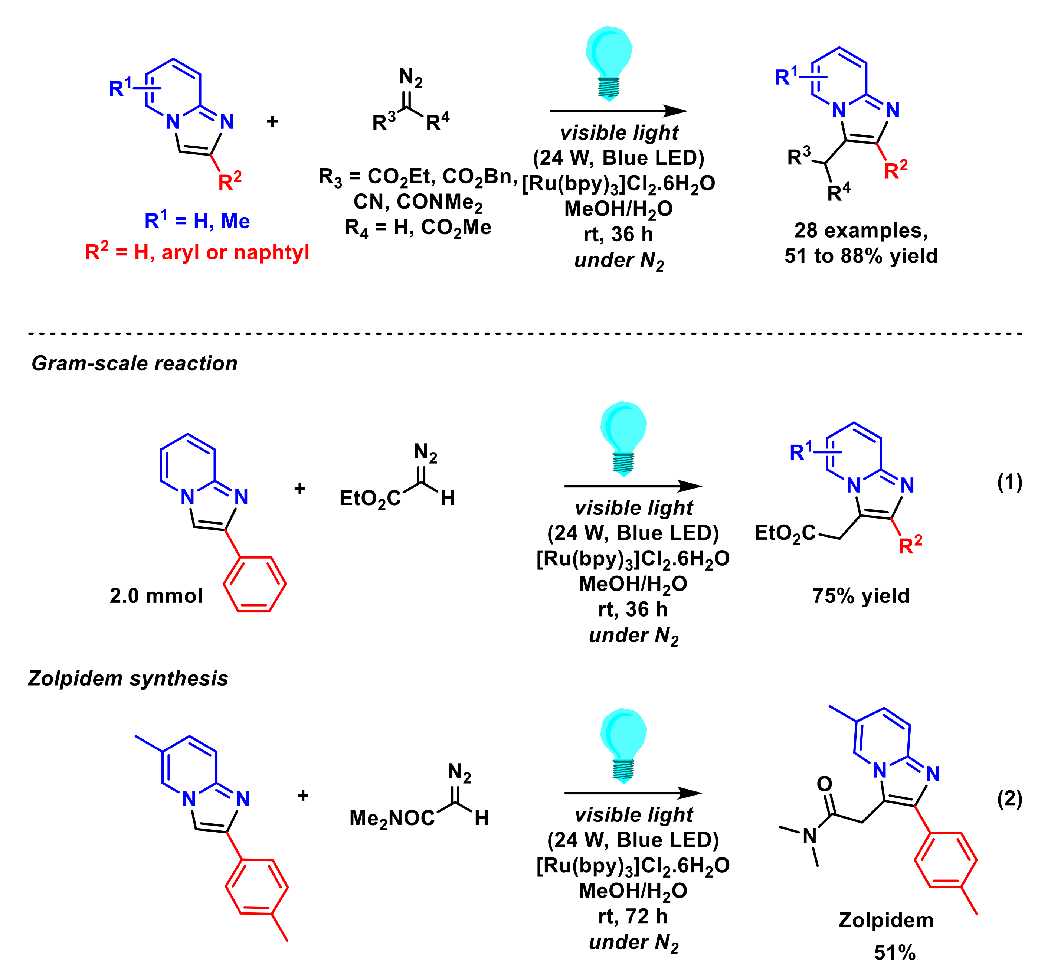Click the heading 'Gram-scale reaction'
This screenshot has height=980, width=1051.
134,364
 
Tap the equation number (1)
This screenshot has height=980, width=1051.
1009,482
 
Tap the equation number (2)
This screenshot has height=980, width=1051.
1009,798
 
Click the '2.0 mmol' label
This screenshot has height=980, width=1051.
156,596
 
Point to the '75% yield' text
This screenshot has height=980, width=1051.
861,596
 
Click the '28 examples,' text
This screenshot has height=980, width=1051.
861,231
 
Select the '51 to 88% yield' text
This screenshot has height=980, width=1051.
861,256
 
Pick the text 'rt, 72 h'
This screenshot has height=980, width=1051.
633,917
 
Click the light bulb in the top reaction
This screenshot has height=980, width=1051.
609,61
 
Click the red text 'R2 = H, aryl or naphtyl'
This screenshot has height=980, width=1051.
197,253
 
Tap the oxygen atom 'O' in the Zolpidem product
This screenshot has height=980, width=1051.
824,784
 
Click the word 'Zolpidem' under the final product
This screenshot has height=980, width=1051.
885,921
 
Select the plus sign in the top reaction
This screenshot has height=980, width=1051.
272,122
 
